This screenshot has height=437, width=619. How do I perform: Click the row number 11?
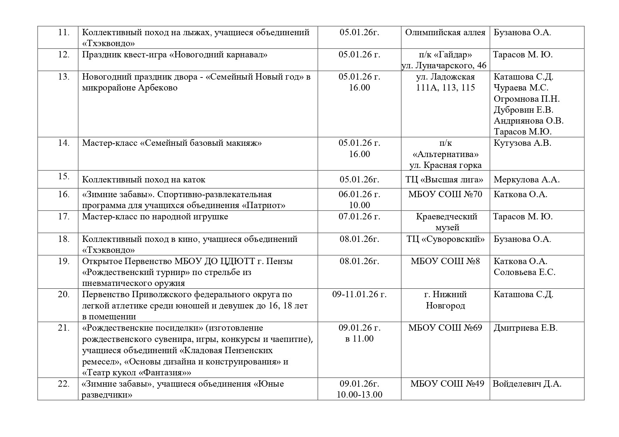pos(63,32)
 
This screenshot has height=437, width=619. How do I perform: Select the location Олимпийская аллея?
pos(445,32)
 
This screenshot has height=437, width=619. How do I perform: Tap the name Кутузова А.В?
pos(522,143)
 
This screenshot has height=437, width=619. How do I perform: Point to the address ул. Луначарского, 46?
pos(444,65)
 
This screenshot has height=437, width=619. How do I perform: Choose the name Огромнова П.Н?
pos(527,99)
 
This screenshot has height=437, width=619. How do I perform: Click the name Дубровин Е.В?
pos(523,110)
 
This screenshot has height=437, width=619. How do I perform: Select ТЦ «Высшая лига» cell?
pos(445,179)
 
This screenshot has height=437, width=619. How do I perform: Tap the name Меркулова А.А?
pos(527,179)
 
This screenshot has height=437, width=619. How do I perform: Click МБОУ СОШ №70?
pos(445,194)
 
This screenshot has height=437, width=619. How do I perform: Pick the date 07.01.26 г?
pos(359,216)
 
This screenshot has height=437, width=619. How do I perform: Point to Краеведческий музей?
pos(447,222)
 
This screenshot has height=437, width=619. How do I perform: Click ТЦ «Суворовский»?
pos(445,239)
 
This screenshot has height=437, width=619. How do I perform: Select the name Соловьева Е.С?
pos(524,272)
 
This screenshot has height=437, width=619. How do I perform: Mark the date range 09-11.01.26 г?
pos(359,294)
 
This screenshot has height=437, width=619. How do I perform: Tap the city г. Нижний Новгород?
pos(445,300)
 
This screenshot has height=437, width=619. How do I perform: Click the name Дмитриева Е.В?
pos(525,328)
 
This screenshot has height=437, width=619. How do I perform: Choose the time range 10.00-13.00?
pos(359,394)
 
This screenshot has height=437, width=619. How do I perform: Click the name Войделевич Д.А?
pos(527,383)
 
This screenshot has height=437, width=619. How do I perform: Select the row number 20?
pos(63,294)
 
